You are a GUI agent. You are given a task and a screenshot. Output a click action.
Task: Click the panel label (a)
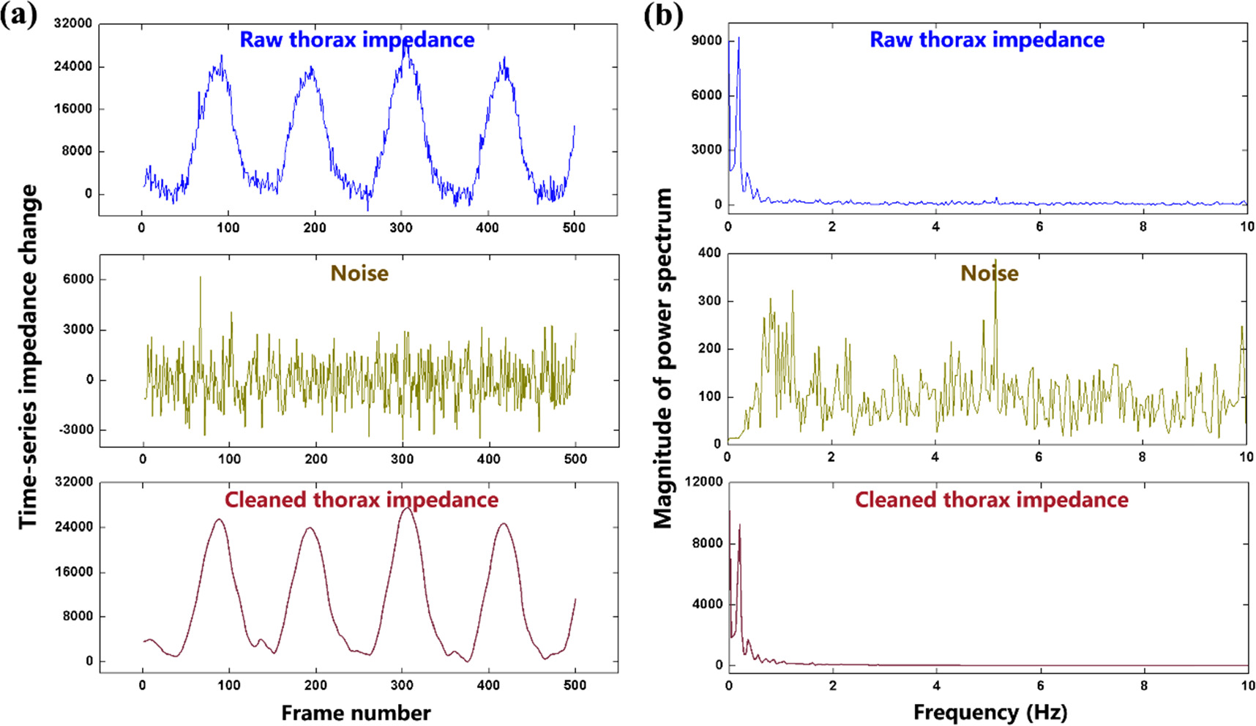(x=18, y=15)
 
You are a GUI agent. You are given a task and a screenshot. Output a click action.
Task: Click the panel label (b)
(x=663, y=15)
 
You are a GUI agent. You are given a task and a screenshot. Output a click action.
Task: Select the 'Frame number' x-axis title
(x=356, y=713)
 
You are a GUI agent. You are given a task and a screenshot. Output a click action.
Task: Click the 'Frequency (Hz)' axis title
(x=990, y=712)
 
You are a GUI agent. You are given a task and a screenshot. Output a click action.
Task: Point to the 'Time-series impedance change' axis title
(x=28, y=356)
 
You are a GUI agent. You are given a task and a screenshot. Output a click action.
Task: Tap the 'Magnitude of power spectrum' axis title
(x=662, y=358)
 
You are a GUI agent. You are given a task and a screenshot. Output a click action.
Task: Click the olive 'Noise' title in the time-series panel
(x=359, y=273)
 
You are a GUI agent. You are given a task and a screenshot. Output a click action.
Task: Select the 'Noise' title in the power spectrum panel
(x=989, y=273)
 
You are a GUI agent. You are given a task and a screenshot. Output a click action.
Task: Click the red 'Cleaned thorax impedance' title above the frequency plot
(x=991, y=500)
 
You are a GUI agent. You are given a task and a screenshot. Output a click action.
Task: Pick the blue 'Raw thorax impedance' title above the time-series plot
(x=357, y=40)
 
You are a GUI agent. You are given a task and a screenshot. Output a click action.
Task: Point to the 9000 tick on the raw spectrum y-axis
(x=706, y=41)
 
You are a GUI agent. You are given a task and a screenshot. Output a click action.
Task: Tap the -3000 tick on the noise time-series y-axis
(x=76, y=430)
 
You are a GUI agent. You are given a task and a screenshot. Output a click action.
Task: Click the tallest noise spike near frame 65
(x=200, y=278)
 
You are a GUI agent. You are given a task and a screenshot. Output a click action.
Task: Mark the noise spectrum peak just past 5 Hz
(x=995, y=261)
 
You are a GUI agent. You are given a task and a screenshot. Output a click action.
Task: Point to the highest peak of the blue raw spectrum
(x=739, y=39)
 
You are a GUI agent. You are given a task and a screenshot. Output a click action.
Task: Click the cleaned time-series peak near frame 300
(x=407, y=508)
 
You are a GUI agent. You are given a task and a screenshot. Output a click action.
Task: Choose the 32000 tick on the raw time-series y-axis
(x=73, y=23)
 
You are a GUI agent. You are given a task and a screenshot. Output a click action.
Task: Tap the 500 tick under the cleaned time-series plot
(x=575, y=685)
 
